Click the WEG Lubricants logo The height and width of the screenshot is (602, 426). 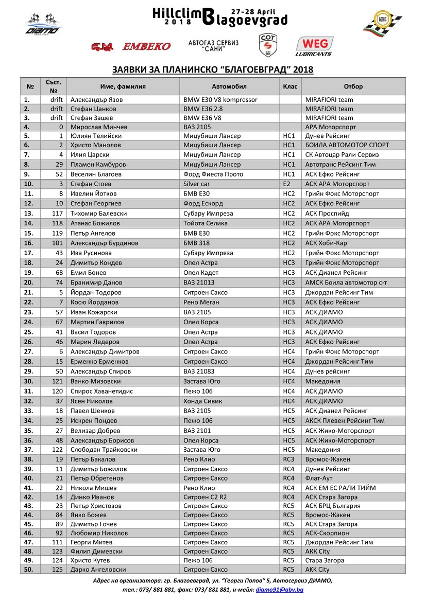(x=314, y=46)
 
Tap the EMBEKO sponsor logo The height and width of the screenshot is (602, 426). (x=146, y=47)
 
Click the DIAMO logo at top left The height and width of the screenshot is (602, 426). (x=43, y=26)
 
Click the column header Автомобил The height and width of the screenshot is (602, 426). (x=229, y=86)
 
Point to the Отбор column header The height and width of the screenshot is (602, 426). (x=353, y=86)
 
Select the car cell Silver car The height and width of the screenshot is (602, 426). (x=197, y=184)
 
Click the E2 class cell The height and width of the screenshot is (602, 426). (x=286, y=184)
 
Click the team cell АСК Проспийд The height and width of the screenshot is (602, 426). (x=327, y=214)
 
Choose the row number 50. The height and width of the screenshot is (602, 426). (x=29, y=570)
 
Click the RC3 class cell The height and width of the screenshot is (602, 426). (x=288, y=459)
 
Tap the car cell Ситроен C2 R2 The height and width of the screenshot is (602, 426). (x=206, y=497)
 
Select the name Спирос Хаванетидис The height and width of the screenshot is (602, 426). (x=101, y=391)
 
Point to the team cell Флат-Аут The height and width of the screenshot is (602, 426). (x=320, y=478)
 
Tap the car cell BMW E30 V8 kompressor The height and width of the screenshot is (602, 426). (x=220, y=99)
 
